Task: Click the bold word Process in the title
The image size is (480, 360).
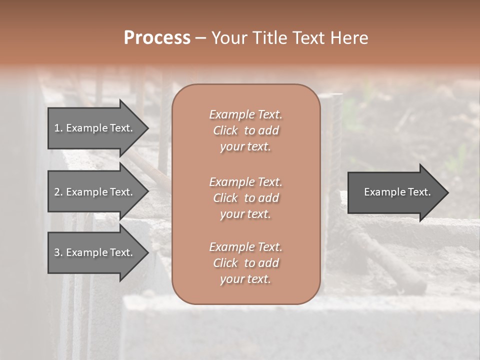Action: [x=156, y=38]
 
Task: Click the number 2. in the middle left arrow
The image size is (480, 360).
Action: [x=58, y=192]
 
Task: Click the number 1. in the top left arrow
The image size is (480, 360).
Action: [x=58, y=128]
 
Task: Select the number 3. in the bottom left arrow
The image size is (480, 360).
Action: [x=58, y=252]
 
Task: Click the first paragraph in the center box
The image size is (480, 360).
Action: [x=245, y=130]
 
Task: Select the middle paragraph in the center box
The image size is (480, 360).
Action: [x=245, y=197]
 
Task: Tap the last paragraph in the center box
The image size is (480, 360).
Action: [x=245, y=263]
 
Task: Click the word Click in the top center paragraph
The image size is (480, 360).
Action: [x=225, y=130]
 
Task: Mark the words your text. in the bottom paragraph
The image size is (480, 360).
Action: [x=245, y=279]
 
